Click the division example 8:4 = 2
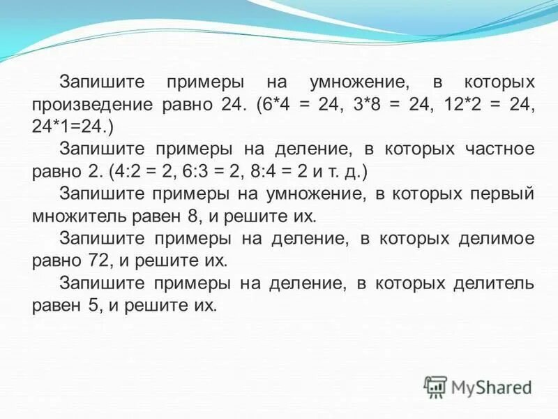coord(312,172)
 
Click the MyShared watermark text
coord(491,387)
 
